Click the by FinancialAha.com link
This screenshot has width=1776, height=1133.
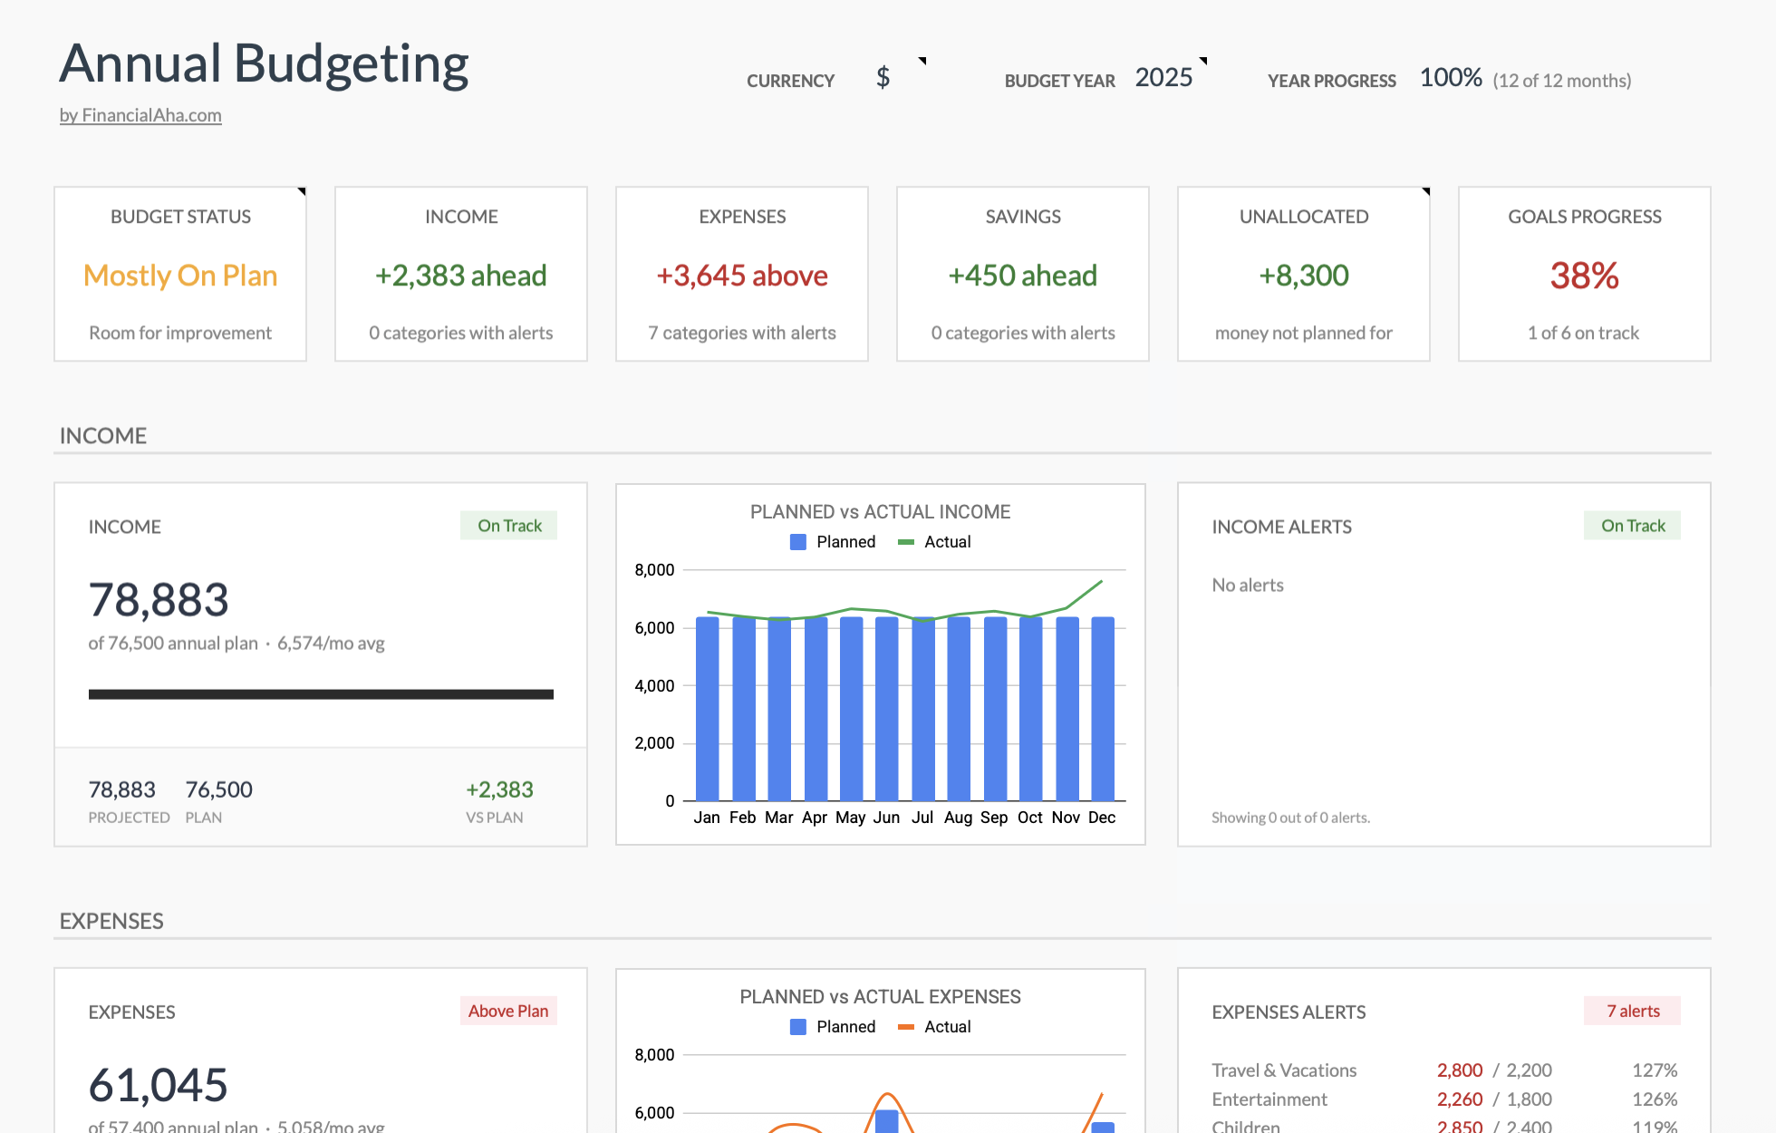point(140,115)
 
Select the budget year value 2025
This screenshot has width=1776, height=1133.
point(1163,78)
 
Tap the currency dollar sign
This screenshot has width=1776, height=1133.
point(883,78)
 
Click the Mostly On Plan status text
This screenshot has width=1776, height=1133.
point(180,276)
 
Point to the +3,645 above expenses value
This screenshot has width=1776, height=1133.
point(741,276)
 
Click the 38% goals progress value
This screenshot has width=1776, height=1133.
point(1584,276)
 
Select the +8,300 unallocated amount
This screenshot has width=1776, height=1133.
point(1303,276)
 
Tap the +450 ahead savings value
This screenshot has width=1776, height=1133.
point(1022,276)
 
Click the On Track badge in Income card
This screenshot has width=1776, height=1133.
point(508,526)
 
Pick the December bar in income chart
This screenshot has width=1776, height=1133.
point(1102,709)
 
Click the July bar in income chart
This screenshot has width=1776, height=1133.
point(922,709)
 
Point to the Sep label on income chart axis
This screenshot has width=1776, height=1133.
point(994,818)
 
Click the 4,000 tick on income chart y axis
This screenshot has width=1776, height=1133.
point(654,686)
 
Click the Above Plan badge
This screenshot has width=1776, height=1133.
point(508,1011)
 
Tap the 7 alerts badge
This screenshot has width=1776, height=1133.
point(1632,1011)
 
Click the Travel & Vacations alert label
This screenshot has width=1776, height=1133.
point(1284,1070)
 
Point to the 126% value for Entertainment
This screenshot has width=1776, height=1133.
point(1655,1099)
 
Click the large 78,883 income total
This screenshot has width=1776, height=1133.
point(159,600)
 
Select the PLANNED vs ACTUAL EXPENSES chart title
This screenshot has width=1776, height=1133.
point(880,997)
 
